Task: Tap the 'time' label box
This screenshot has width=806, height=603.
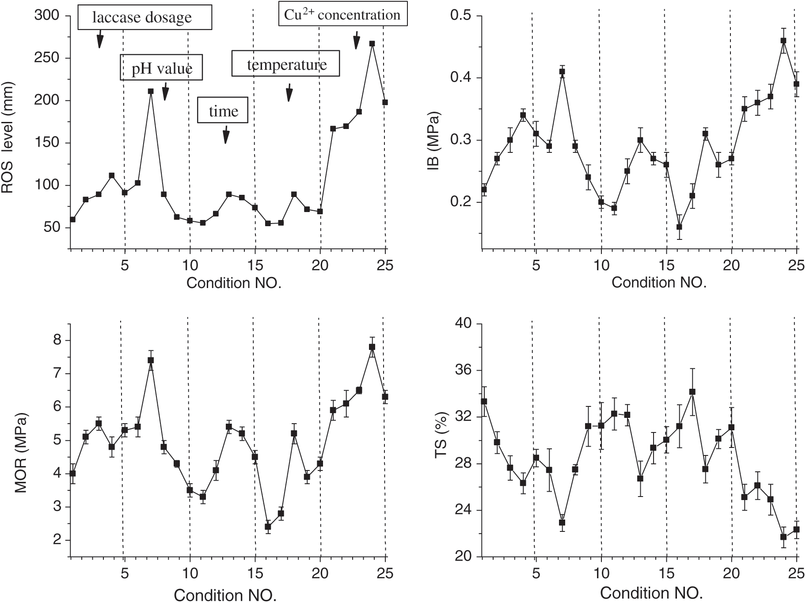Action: point(222,110)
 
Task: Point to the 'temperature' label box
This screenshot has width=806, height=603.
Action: point(286,64)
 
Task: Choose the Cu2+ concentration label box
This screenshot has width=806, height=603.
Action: point(342,15)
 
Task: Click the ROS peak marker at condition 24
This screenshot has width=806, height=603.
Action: point(372,44)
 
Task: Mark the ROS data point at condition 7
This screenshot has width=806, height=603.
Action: point(151,91)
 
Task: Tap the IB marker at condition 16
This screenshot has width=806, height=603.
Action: point(679,227)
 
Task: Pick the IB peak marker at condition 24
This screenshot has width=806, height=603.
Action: point(783,41)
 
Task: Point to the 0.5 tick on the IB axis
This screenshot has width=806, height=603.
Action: point(460,16)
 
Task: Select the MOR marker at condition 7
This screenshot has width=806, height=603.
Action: point(151,360)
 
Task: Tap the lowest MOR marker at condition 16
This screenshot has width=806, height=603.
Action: point(268,527)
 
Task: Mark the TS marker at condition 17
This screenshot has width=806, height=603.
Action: point(692,392)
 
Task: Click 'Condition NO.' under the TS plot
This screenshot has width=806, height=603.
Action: point(651,593)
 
